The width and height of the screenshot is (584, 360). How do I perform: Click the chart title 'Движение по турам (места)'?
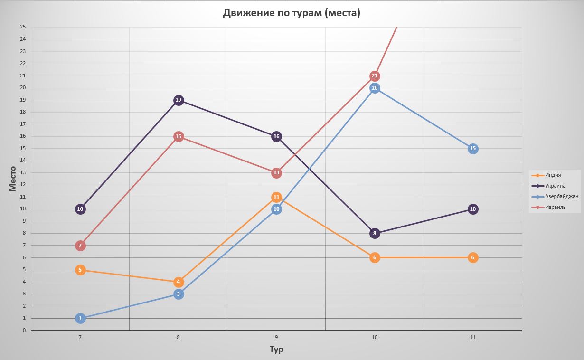292,13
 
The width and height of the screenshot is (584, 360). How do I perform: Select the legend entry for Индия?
553,175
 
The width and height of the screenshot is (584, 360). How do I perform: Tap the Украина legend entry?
555,186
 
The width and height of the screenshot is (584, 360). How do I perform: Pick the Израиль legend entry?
555,208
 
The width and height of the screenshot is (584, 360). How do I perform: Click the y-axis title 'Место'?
13,179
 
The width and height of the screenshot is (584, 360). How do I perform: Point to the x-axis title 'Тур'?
276,350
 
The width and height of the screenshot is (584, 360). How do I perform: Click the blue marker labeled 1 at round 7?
80,318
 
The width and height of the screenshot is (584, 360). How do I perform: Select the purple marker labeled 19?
179,100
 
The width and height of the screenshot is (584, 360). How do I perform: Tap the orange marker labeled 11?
276,197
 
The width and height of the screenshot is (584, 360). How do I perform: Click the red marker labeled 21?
375,76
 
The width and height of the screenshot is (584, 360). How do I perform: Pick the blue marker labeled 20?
375,88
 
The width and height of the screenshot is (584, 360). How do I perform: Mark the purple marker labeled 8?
375,233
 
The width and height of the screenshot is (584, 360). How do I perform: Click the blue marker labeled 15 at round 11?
472,149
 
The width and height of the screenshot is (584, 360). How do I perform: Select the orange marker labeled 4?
179,282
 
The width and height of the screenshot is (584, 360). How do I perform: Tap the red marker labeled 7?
80,246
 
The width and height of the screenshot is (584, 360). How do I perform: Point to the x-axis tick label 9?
276,337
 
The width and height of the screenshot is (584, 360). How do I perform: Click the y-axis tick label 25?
23,27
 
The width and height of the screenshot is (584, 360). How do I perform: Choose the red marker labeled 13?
276,173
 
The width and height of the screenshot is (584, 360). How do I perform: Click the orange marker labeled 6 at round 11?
472,257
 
